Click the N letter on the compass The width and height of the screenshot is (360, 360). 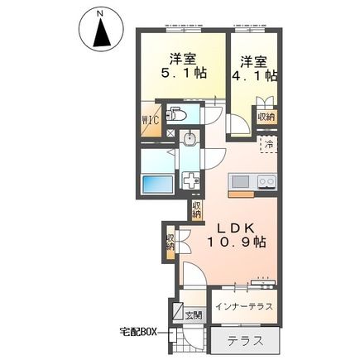click(101, 12)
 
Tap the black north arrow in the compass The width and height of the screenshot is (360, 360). click(102, 32)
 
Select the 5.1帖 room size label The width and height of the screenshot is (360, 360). click(184, 74)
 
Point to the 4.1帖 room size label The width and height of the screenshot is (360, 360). click(255, 75)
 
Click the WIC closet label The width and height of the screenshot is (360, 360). click(151, 120)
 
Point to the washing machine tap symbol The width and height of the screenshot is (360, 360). click(191, 180)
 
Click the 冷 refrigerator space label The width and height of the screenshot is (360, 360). click(268, 143)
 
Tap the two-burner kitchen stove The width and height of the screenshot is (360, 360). click(266, 182)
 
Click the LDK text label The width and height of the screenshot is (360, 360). click(235, 228)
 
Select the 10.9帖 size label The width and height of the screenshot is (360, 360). click(236, 242)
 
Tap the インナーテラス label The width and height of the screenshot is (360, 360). click(244, 307)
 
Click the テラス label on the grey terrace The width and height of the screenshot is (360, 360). click(246, 342)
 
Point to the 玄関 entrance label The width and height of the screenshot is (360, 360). click(193, 315)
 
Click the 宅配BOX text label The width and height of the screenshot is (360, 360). click(138, 331)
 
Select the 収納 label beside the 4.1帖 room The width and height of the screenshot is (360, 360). click(266, 118)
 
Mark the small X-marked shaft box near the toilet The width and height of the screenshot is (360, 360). click(171, 133)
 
